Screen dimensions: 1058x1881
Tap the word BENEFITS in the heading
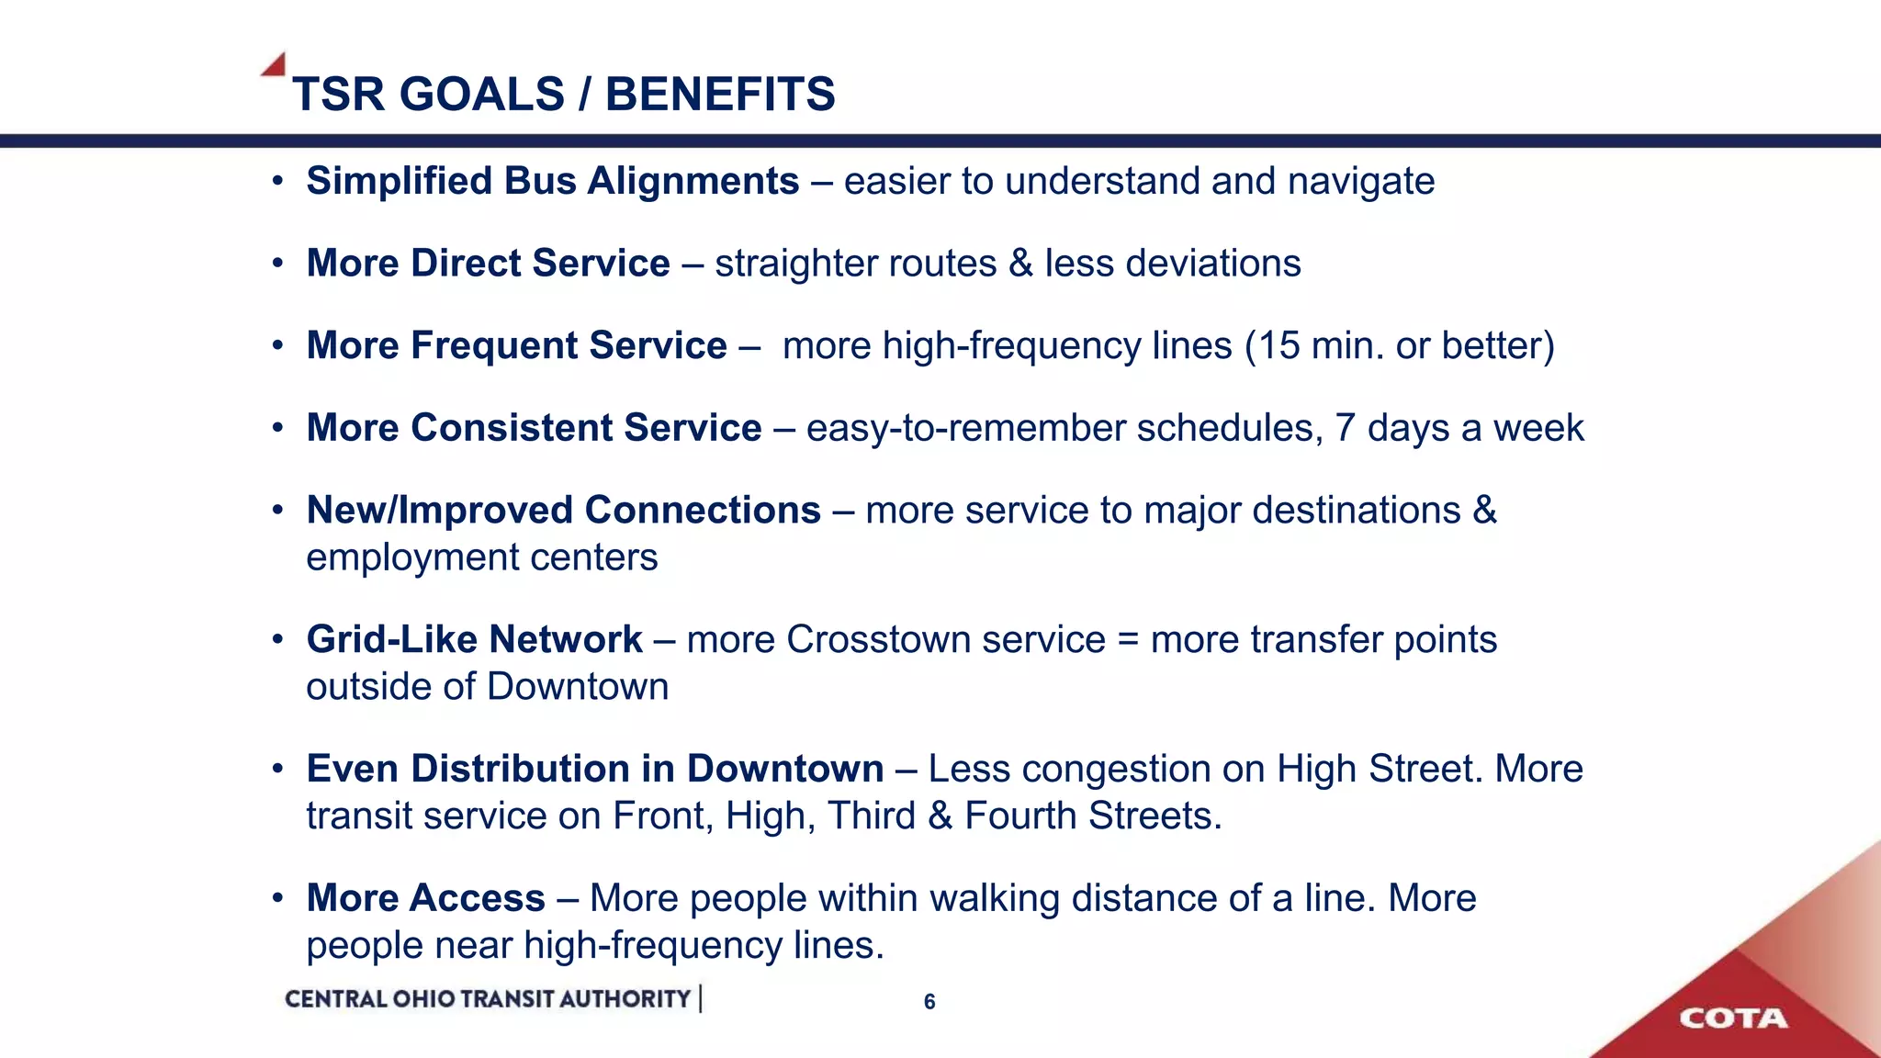[720, 95]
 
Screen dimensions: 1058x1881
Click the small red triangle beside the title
[275, 65]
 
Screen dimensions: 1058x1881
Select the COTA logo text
[1733, 1019]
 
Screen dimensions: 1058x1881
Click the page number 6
[929, 1002]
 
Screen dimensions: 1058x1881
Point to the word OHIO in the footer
[423, 999]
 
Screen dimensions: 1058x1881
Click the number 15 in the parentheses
[1278, 346]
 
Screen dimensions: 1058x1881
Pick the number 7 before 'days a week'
[1346, 429]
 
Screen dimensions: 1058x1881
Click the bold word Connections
[703, 511]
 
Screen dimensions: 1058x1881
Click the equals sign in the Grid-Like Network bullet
[1128, 641]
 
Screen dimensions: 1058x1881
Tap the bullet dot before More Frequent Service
[277, 347]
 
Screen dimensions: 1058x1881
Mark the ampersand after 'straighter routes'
[1020, 264]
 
